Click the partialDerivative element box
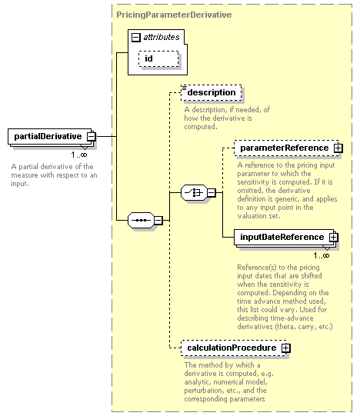50,136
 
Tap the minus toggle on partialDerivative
92,137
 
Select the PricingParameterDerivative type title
174,15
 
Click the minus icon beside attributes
135,38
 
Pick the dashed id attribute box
158,58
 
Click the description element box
212,92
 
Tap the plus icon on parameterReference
338,148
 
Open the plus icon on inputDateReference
333,237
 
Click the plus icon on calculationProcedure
286,348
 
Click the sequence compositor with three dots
141,220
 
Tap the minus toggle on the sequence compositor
158,220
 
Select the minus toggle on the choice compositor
212,192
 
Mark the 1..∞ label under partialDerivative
79,155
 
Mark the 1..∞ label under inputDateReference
322,255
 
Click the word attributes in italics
162,37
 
